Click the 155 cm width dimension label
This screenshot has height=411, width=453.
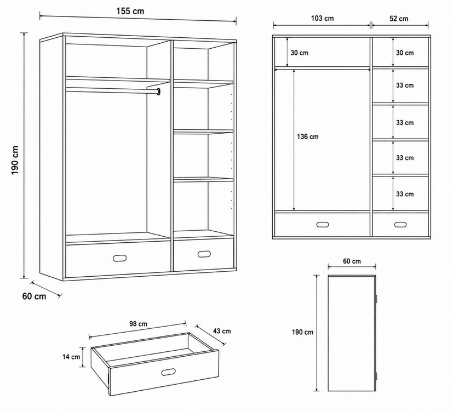coord(130,12)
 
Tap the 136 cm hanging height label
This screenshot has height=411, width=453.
coord(308,136)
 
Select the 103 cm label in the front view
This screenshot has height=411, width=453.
coord(323,19)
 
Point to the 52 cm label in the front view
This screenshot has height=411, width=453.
coord(399,19)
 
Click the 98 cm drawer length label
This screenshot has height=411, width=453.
coord(138,324)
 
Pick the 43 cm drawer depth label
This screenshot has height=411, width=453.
coord(222,331)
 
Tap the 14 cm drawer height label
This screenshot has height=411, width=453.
coord(71,357)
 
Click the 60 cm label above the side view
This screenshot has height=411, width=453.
coord(352,261)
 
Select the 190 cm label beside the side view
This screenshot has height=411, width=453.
coord(302,332)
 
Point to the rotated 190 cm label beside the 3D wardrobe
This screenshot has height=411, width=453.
coord(15,160)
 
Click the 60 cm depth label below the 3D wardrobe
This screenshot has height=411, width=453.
coord(34,296)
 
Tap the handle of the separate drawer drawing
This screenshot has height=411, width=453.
coord(168,372)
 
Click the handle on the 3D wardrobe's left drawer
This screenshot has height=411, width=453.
coord(119,258)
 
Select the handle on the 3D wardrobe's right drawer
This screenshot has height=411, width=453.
coord(204,254)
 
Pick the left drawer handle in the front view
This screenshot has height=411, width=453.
coord(323,225)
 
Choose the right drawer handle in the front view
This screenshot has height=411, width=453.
coord(400,225)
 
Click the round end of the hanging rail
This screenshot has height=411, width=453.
coord(159,92)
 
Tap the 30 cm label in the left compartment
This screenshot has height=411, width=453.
coord(299,53)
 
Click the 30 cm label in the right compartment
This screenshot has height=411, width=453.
coord(405,53)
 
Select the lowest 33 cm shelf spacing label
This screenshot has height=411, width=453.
coord(405,194)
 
